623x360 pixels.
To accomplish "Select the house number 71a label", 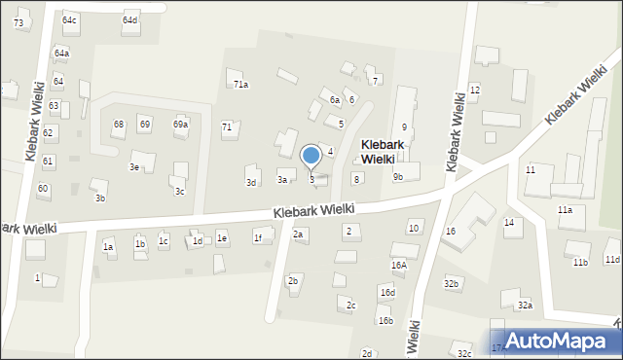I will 240,85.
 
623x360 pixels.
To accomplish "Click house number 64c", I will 69,20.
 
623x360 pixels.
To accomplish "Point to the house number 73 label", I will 18,22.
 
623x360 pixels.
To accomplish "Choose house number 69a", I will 180,125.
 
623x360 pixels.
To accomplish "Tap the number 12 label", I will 474,90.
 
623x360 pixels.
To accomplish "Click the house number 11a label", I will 565,210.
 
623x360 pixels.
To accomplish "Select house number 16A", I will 399,265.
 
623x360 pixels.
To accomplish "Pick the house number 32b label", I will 451,283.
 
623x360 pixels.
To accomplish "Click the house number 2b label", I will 293,281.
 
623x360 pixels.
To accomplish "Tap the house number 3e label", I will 135,167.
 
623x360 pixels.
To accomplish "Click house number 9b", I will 398,177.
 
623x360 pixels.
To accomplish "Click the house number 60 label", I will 43,188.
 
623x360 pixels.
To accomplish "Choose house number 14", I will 508,223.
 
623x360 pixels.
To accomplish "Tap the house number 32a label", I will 525,306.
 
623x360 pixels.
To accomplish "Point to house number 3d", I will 251,183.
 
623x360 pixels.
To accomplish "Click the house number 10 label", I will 414,228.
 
